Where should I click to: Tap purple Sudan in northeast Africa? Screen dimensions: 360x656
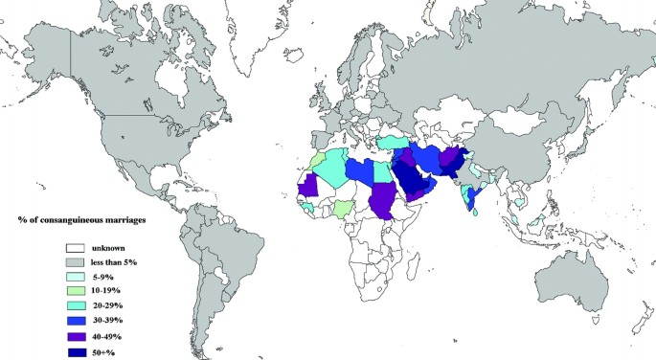pos(384,198)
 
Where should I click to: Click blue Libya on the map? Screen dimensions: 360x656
pos(358,170)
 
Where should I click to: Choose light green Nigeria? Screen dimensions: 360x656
pos(343,208)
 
